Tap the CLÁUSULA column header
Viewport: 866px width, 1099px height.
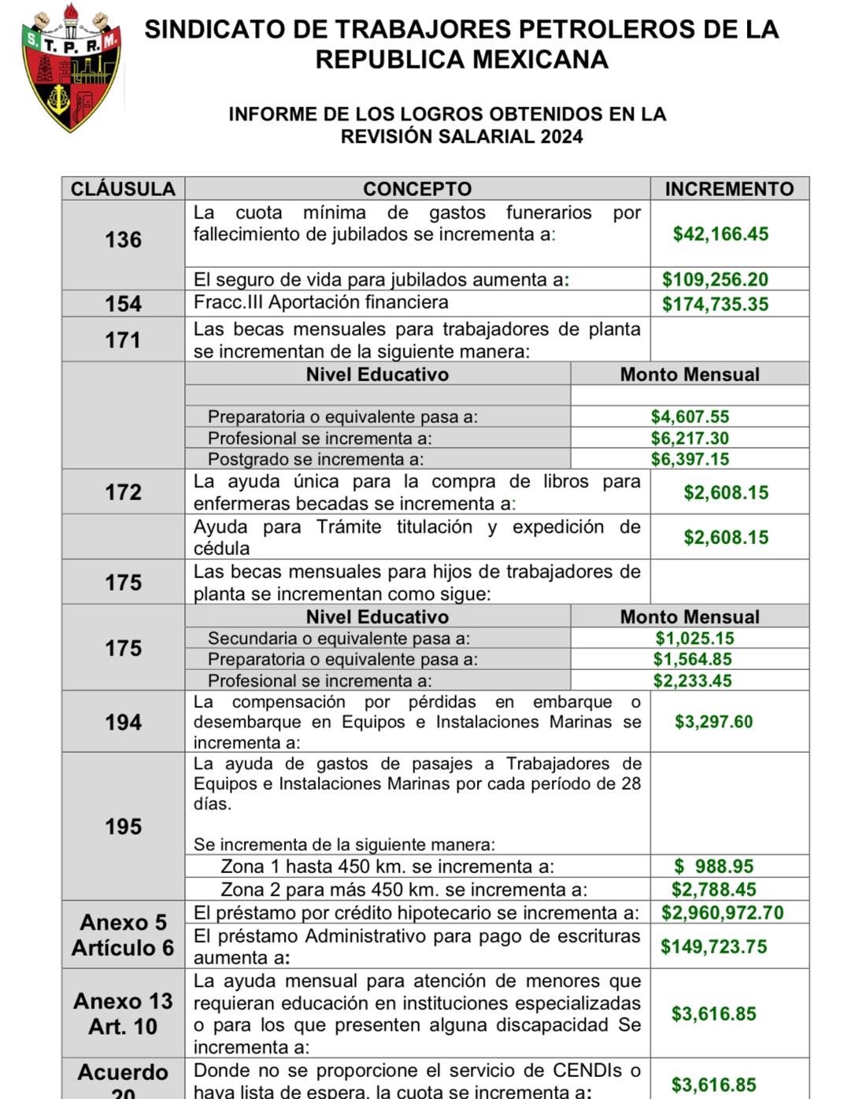tap(123, 189)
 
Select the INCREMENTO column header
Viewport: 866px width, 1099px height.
tap(729, 189)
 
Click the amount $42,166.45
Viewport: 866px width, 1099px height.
tap(720, 234)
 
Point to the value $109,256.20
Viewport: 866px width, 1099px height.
tap(715, 279)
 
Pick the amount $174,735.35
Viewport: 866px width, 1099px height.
tap(715, 305)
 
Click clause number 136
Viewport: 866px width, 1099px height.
tap(124, 240)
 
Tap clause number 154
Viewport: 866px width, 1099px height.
tap(124, 305)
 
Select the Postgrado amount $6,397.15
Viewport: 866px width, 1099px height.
tap(690, 459)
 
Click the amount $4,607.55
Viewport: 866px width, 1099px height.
tap(690, 416)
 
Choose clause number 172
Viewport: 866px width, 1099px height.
tap(124, 493)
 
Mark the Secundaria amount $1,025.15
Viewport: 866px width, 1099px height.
tap(694, 638)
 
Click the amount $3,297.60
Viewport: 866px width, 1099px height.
tap(713, 722)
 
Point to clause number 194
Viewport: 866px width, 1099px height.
tap(124, 723)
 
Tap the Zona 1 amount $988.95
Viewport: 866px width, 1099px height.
tap(714, 867)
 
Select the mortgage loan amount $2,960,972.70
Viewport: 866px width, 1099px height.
tap(722, 913)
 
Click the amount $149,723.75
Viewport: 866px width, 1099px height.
tap(713, 947)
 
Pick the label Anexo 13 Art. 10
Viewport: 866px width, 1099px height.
tap(123, 1014)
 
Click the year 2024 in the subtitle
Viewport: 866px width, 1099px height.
tap(561, 136)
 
